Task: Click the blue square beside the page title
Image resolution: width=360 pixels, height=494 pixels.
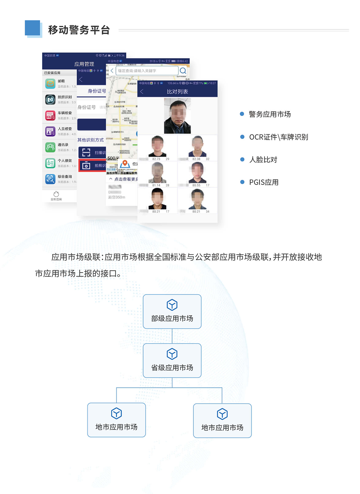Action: click(x=33, y=28)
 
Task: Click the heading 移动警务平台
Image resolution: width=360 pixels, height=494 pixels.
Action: click(x=79, y=30)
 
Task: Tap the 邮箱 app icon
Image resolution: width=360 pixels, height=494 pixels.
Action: click(x=50, y=84)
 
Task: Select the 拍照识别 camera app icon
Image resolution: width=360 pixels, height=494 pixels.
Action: click(x=50, y=100)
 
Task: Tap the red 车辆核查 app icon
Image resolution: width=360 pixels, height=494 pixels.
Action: click(x=50, y=115)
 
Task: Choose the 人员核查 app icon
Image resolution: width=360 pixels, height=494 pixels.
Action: click(x=50, y=131)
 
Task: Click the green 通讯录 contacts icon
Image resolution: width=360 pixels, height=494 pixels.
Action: click(x=50, y=147)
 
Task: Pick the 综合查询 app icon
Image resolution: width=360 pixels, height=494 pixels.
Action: click(x=50, y=179)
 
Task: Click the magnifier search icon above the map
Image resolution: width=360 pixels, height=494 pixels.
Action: click(x=183, y=71)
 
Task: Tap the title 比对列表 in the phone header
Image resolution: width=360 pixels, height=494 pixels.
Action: click(x=177, y=92)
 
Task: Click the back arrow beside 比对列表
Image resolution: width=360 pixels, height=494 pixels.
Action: click(x=142, y=92)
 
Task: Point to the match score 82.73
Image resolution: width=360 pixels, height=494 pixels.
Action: click(x=156, y=159)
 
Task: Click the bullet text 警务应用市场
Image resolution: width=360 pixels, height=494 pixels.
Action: click(x=270, y=114)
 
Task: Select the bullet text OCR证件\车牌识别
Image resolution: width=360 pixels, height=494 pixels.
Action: click(x=278, y=137)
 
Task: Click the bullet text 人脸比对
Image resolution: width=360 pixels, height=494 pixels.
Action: click(x=263, y=160)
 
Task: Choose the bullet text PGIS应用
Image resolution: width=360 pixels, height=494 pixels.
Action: click(x=264, y=182)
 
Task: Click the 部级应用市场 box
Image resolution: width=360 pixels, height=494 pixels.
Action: click(x=172, y=312)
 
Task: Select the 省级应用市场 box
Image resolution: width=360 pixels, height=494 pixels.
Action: click(x=172, y=361)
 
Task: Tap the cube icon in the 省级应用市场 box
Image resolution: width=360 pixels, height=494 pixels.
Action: click(x=172, y=354)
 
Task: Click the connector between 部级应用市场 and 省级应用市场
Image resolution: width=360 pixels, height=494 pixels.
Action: click(x=172, y=336)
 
